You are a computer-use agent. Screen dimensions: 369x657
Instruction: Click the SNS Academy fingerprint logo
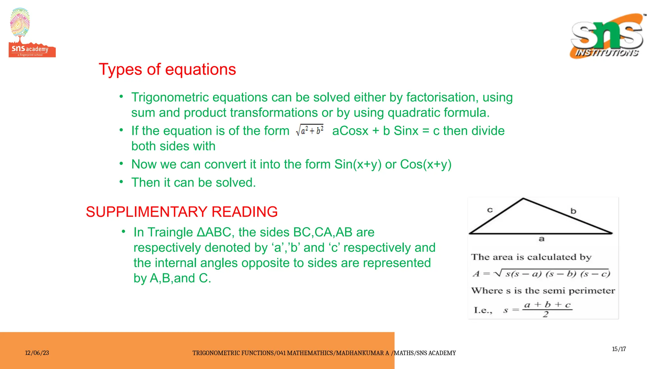point(32,33)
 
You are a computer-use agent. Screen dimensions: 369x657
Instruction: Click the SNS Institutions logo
point(607,36)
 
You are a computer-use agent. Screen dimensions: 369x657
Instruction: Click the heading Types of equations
point(167,70)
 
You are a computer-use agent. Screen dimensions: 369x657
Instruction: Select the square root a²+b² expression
point(310,130)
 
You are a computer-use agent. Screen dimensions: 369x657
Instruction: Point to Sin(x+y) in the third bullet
point(358,164)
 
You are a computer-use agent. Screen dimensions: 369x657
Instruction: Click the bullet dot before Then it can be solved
point(121,182)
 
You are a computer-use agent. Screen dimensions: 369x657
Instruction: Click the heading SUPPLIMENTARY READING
point(182,212)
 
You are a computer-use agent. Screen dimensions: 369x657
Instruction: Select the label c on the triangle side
point(490,210)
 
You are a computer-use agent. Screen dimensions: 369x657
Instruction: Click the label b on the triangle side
point(573,211)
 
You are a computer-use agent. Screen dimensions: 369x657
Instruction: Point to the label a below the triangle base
point(542,239)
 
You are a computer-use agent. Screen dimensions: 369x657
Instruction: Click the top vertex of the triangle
point(523,199)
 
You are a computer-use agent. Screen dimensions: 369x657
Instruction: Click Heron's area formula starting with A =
point(541,274)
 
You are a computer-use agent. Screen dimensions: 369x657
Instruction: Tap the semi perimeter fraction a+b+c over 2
point(547,309)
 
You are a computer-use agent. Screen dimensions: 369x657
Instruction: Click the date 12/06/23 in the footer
point(37,353)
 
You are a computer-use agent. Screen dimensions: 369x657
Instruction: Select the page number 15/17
point(619,349)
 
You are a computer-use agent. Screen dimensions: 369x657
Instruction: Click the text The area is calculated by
point(531,257)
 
